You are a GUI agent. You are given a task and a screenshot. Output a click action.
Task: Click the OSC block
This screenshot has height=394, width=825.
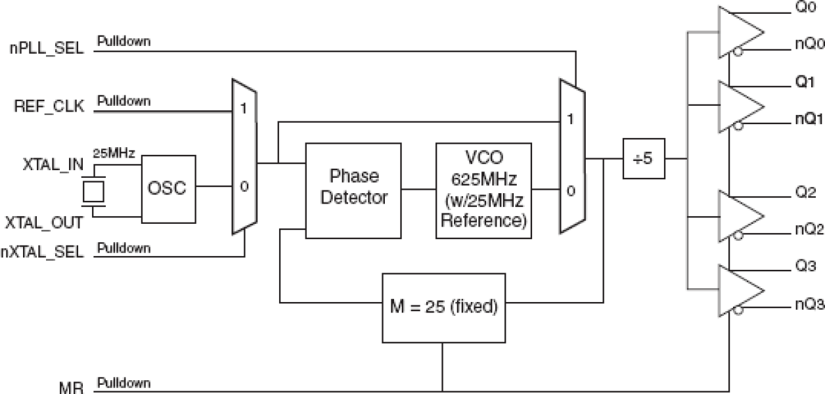pyautogui.click(x=169, y=187)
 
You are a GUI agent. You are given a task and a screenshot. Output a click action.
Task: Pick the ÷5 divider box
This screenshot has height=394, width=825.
pyautogui.click(x=644, y=158)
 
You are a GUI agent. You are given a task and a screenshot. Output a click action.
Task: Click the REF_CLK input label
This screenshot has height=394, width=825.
pyautogui.click(x=50, y=108)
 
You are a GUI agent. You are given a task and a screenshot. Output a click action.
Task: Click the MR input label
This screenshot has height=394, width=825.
pyautogui.click(x=70, y=387)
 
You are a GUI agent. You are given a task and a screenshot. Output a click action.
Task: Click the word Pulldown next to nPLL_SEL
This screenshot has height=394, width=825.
pyautogui.click(x=123, y=41)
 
